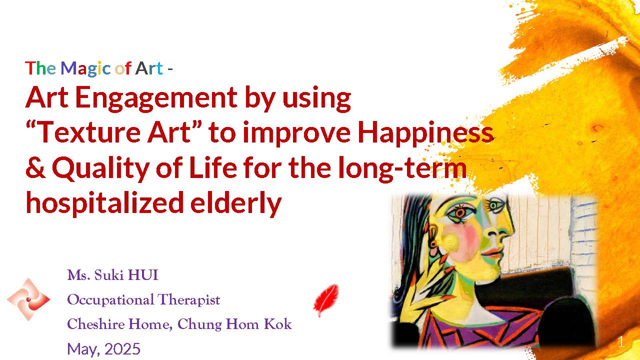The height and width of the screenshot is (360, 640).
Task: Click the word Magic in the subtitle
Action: tap(85, 68)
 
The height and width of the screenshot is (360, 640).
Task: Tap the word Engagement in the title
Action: tap(156, 98)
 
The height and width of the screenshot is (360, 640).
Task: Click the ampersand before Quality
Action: tap(35, 168)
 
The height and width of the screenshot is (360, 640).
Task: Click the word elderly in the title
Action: tap(236, 203)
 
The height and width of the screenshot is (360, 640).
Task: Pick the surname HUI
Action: tap(143, 275)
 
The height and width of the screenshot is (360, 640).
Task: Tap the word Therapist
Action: tap(188, 299)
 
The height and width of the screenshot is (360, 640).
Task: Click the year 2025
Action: tap(122, 349)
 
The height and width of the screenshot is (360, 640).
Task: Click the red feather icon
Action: tap(326, 299)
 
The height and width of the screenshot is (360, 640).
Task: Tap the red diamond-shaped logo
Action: tap(28, 299)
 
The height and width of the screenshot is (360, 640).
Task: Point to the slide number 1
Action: tap(620, 342)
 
